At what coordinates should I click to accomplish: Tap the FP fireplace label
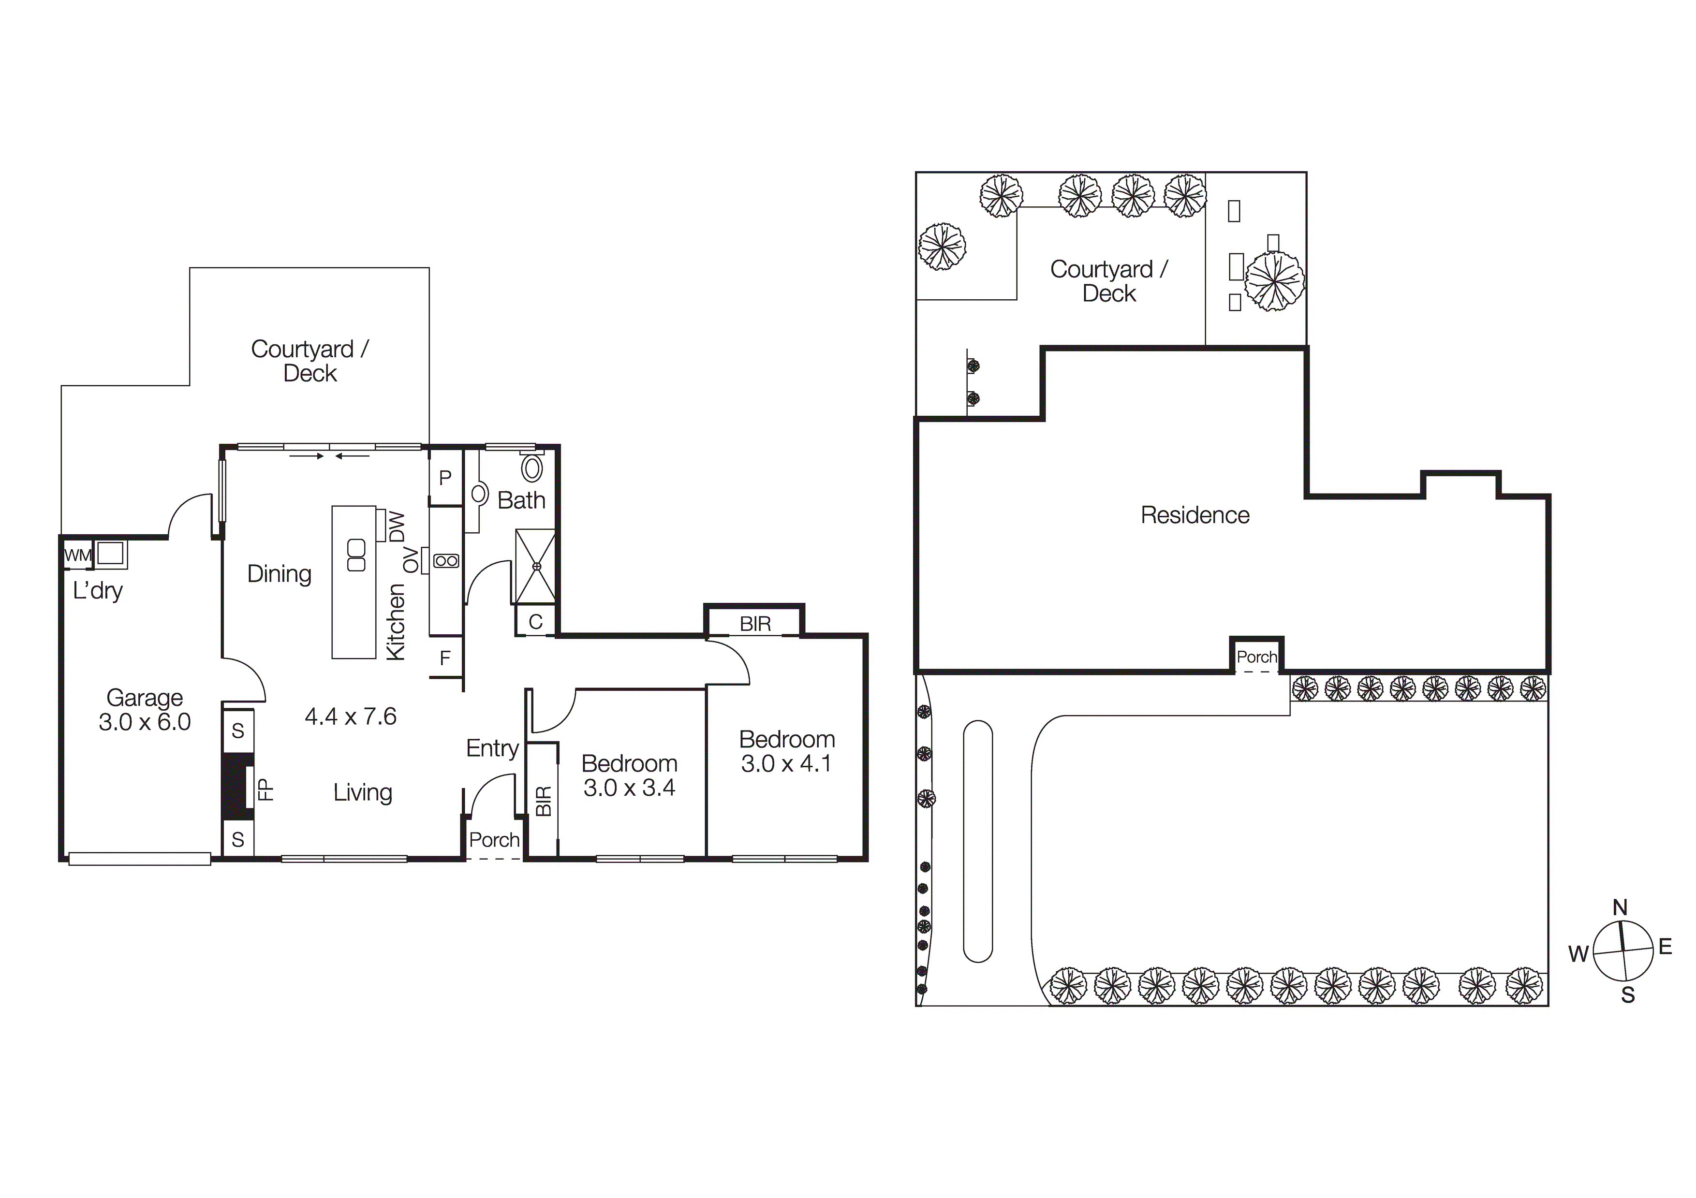tap(265, 789)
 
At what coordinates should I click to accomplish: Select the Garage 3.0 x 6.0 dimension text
tap(145, 722)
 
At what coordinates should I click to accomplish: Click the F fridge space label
tap(445, 658)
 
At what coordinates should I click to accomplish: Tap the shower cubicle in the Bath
tap(535, 566)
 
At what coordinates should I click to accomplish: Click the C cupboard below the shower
tap(535, 622)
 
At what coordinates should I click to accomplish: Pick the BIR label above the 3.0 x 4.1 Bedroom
tap(755, 624)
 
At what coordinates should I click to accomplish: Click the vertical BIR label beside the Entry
tap(544, 802)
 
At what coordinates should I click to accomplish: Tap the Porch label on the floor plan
tap(494, 840)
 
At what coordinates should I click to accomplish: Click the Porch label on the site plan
tap(1256, 657)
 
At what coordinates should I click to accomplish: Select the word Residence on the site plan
tap(1195, 515)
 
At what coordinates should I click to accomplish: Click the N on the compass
tap(1620, 908)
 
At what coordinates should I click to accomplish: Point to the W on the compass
tap(1578, 954)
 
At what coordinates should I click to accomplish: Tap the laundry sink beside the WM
tap(111, 553)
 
